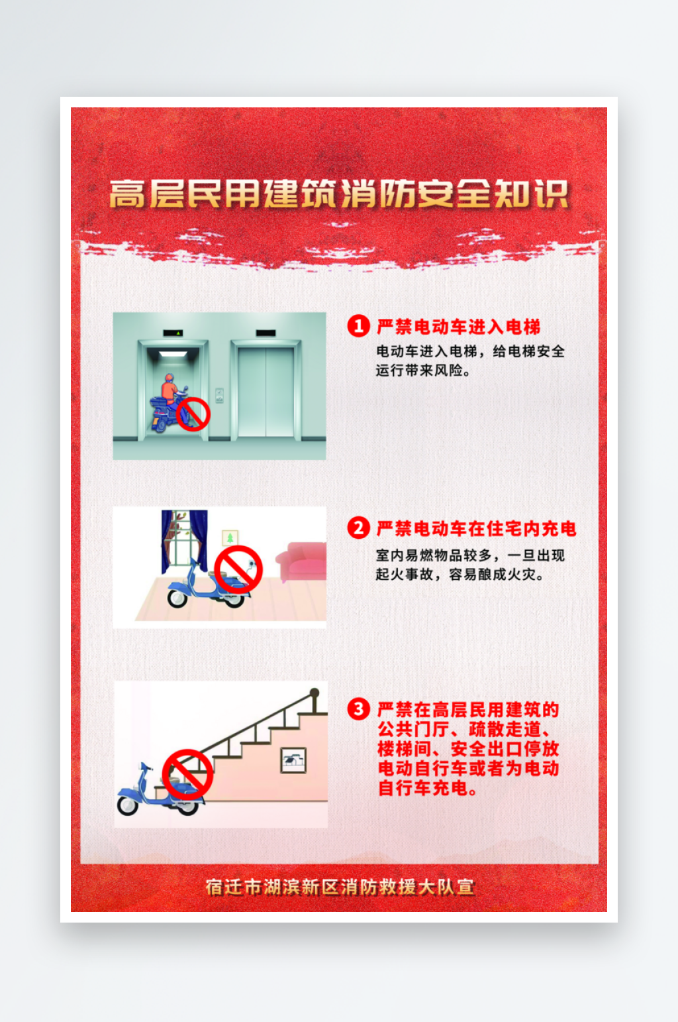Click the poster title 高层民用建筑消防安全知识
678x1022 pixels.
339,194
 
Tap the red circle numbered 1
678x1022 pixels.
359,326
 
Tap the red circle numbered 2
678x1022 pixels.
359,528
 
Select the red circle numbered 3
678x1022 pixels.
359,709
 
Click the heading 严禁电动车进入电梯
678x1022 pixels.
458,327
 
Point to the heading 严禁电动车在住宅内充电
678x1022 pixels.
477,528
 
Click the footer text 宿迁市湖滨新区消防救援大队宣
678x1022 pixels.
340,887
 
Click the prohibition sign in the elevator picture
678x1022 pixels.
193,414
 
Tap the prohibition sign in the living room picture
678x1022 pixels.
238,569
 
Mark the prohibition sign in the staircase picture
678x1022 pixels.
188,774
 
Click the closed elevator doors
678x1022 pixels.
266,392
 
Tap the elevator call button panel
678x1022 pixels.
219,395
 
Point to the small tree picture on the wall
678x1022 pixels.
230,538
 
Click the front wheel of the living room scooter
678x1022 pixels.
177,597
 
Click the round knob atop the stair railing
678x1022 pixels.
315,693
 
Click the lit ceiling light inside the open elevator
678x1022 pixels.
173,354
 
